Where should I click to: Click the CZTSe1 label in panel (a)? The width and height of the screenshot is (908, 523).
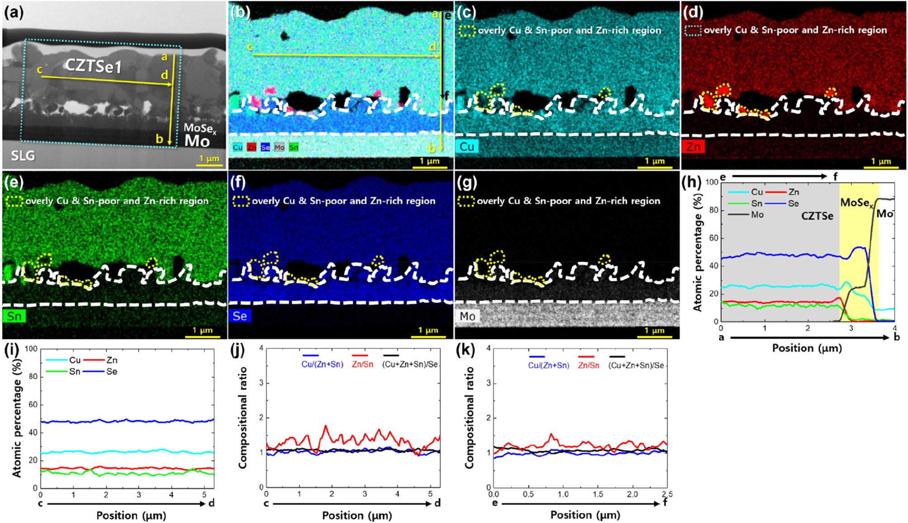click(x=94, y=66)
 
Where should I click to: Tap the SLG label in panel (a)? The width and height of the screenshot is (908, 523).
click(x=23, y=155)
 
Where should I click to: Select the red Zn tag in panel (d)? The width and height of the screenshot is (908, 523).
click(x=693, y=147)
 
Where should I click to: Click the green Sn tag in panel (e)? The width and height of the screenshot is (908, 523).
click(x=14, y=316)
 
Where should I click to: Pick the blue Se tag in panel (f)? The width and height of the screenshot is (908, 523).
click(x=240, y=316)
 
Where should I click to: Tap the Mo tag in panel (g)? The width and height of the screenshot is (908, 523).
click(x=467, y=316)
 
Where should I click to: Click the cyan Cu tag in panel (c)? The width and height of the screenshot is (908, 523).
click(x=467, y=147)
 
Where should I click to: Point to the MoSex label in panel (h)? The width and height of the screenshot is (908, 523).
click(x=857, y=203)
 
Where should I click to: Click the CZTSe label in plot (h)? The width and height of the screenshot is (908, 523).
click(x=817, y=216)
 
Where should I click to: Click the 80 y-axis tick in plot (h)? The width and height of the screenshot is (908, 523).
click(x=714, y=210)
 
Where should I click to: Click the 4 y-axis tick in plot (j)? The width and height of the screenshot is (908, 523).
click(x=261, y=349)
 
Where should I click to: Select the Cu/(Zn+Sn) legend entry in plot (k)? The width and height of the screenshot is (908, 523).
click(x=549, y=365)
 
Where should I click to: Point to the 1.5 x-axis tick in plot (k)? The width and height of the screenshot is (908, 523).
click(x=598, y=495)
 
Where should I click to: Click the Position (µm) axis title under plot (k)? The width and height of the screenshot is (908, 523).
click(x=585, y=515)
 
